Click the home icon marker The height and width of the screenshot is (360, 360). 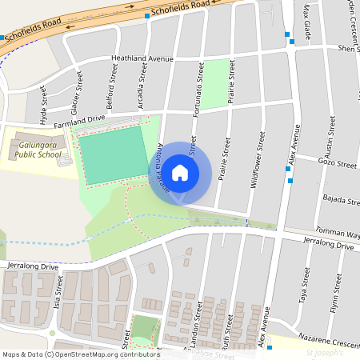(180, 172)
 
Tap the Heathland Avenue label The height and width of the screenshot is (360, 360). (142, 58)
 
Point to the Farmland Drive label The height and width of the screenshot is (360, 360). (79, 120)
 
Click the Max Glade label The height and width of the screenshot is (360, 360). (306, 21)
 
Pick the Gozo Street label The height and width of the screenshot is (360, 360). (336, 164)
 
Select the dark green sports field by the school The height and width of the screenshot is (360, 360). (113, 156)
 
